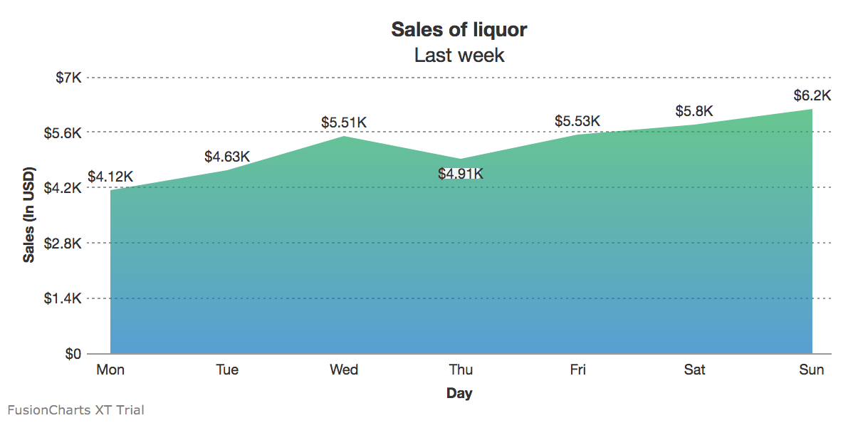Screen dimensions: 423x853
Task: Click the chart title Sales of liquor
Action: click(459, 30)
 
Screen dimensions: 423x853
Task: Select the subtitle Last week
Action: click(459, 55)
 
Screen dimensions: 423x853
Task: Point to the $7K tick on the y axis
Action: click(69, 78)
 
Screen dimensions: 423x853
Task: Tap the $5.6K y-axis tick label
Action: click(63, 133)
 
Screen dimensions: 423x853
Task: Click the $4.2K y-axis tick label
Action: click(63, 188)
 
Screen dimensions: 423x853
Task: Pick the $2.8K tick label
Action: click(63, 244)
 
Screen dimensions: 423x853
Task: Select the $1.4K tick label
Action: click(63, 298)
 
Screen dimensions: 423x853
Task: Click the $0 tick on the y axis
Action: click(73, 354)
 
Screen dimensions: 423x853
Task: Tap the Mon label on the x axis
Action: click(110, 370)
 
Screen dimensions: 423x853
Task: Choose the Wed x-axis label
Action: click(344, 370)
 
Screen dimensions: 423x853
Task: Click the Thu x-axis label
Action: click(461, 370)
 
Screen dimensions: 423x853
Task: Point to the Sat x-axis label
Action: click(694, 370)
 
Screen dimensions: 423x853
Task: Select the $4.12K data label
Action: click(110, 177)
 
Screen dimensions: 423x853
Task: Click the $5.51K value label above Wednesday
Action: click(344, 122)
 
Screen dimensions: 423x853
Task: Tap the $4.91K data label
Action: click(461, 174)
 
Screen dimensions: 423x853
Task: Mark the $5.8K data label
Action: click(694, 111)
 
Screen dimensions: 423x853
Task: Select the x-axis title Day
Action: click(459, 393)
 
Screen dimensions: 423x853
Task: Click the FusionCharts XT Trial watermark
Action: click(75, 409)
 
